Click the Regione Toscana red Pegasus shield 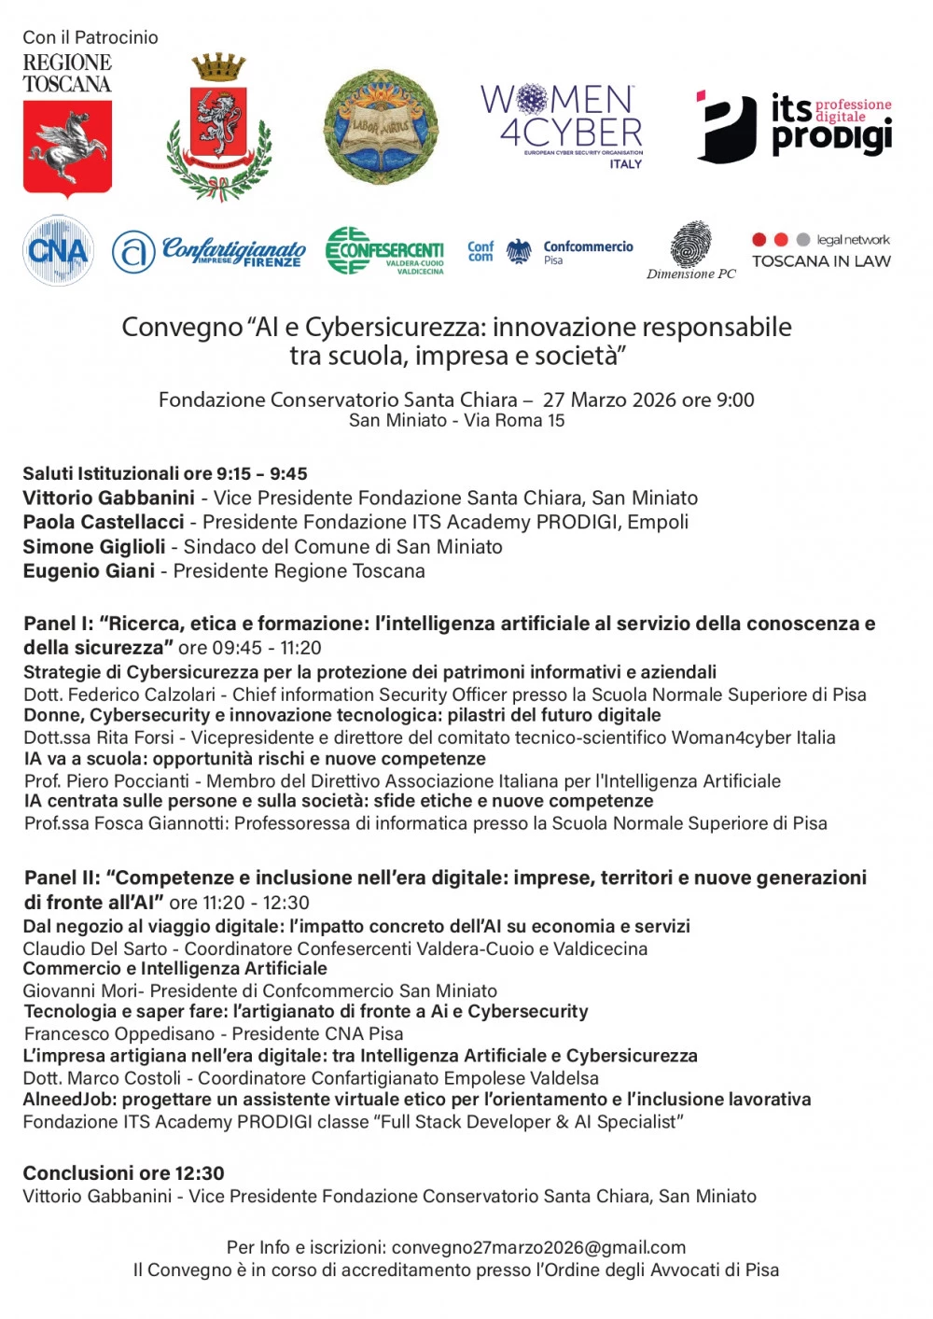[67, 147]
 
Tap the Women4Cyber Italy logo [563, 125]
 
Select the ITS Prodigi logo [794, 127]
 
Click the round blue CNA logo [58, 250]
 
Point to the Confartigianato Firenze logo [210, 251]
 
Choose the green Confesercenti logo [384, 250]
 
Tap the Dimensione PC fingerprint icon [690, 245]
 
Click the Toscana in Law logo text [821, 261]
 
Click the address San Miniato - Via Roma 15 [456, 420]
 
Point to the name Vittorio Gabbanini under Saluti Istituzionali [108, 498]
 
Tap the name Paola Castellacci [104, 522]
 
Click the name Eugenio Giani [89, 570]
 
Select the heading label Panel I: [58, 624]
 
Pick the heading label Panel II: [62, 877]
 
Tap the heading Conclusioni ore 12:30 [123, 1172]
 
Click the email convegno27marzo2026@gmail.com [538, 1247]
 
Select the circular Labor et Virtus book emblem [380, 128]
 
